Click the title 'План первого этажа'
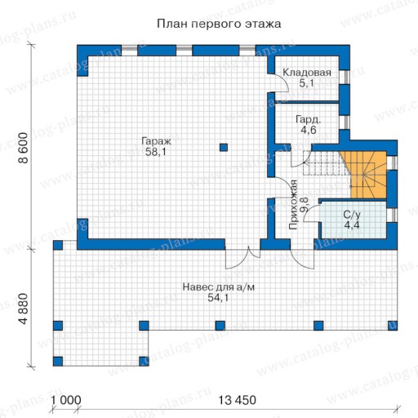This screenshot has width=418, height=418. coord(219,24)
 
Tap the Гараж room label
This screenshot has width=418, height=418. coord(156,141)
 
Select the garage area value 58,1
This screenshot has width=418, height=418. coord(156,152)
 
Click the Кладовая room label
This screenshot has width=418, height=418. coord(307,73)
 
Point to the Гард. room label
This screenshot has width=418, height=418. coord(309,120)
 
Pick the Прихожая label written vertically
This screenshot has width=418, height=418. coord(293,205)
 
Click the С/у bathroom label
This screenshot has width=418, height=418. coord(352,215)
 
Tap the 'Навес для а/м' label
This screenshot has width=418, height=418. coord(219,287)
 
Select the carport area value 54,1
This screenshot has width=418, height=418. coord(218,298)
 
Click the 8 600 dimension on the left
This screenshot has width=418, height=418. coord(24,148)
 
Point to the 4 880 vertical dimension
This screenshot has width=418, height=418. coord(24,309)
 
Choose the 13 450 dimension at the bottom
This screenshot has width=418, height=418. coord(238,400)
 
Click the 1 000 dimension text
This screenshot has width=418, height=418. coord(66,400)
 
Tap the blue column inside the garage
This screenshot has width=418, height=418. coord(224,148)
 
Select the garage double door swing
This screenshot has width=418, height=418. coord(243,260)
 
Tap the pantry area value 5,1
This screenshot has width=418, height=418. coord(307,83)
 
